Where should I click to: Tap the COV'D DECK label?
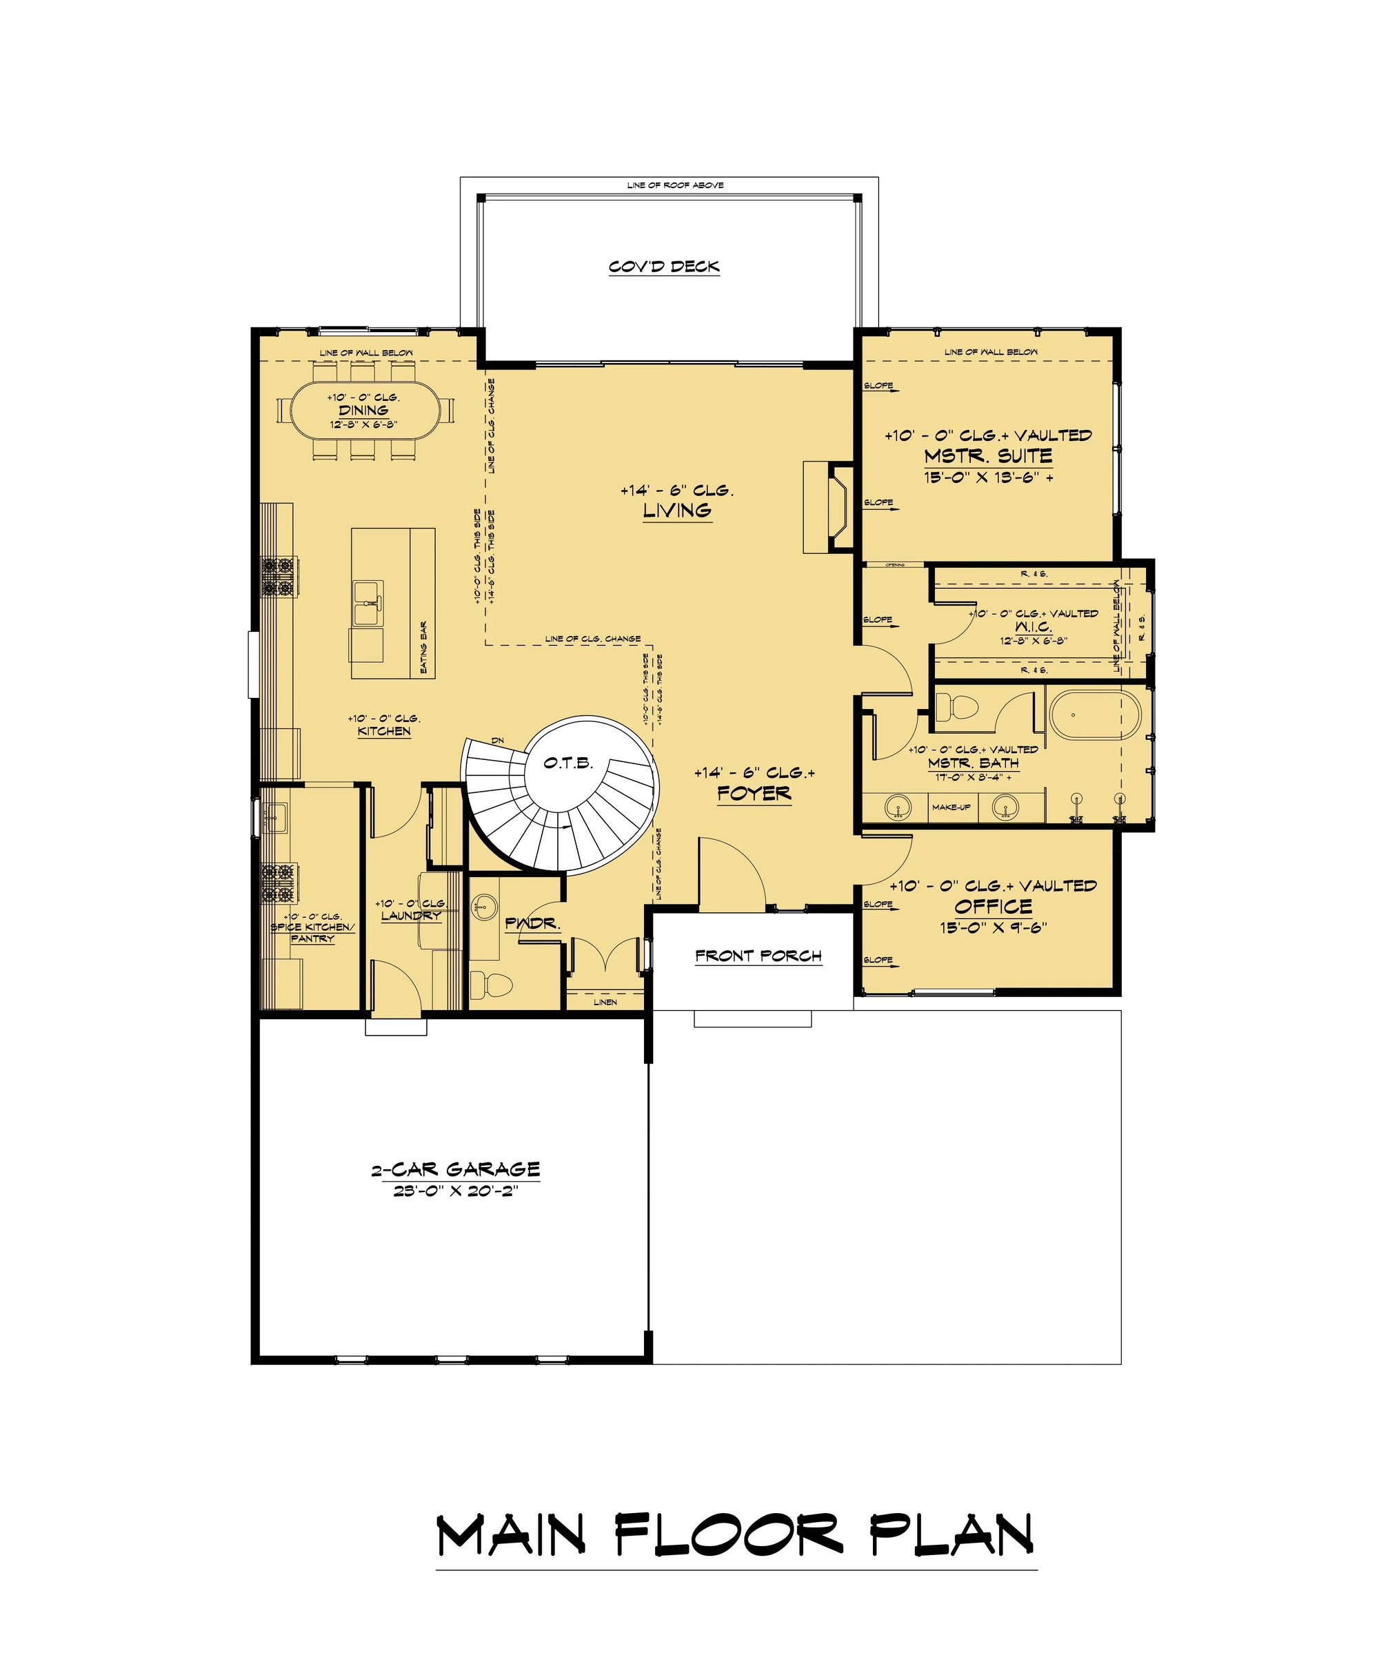coord(664,267)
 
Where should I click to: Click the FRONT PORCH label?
coord(758,956)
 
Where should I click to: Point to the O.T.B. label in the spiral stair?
coord(568,763)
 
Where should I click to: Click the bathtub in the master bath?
coord(1096,715)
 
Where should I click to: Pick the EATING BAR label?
coord(423,647)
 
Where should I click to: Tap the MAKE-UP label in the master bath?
coord(951,808)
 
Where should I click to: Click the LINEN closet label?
coord(605,1002)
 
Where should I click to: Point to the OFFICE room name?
coord(993,907)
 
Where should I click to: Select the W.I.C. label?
coord(1033,626)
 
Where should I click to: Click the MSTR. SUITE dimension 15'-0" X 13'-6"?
coord(987,478)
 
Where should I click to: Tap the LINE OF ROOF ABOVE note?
coord(674,185)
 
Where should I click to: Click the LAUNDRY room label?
coord(411,915)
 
